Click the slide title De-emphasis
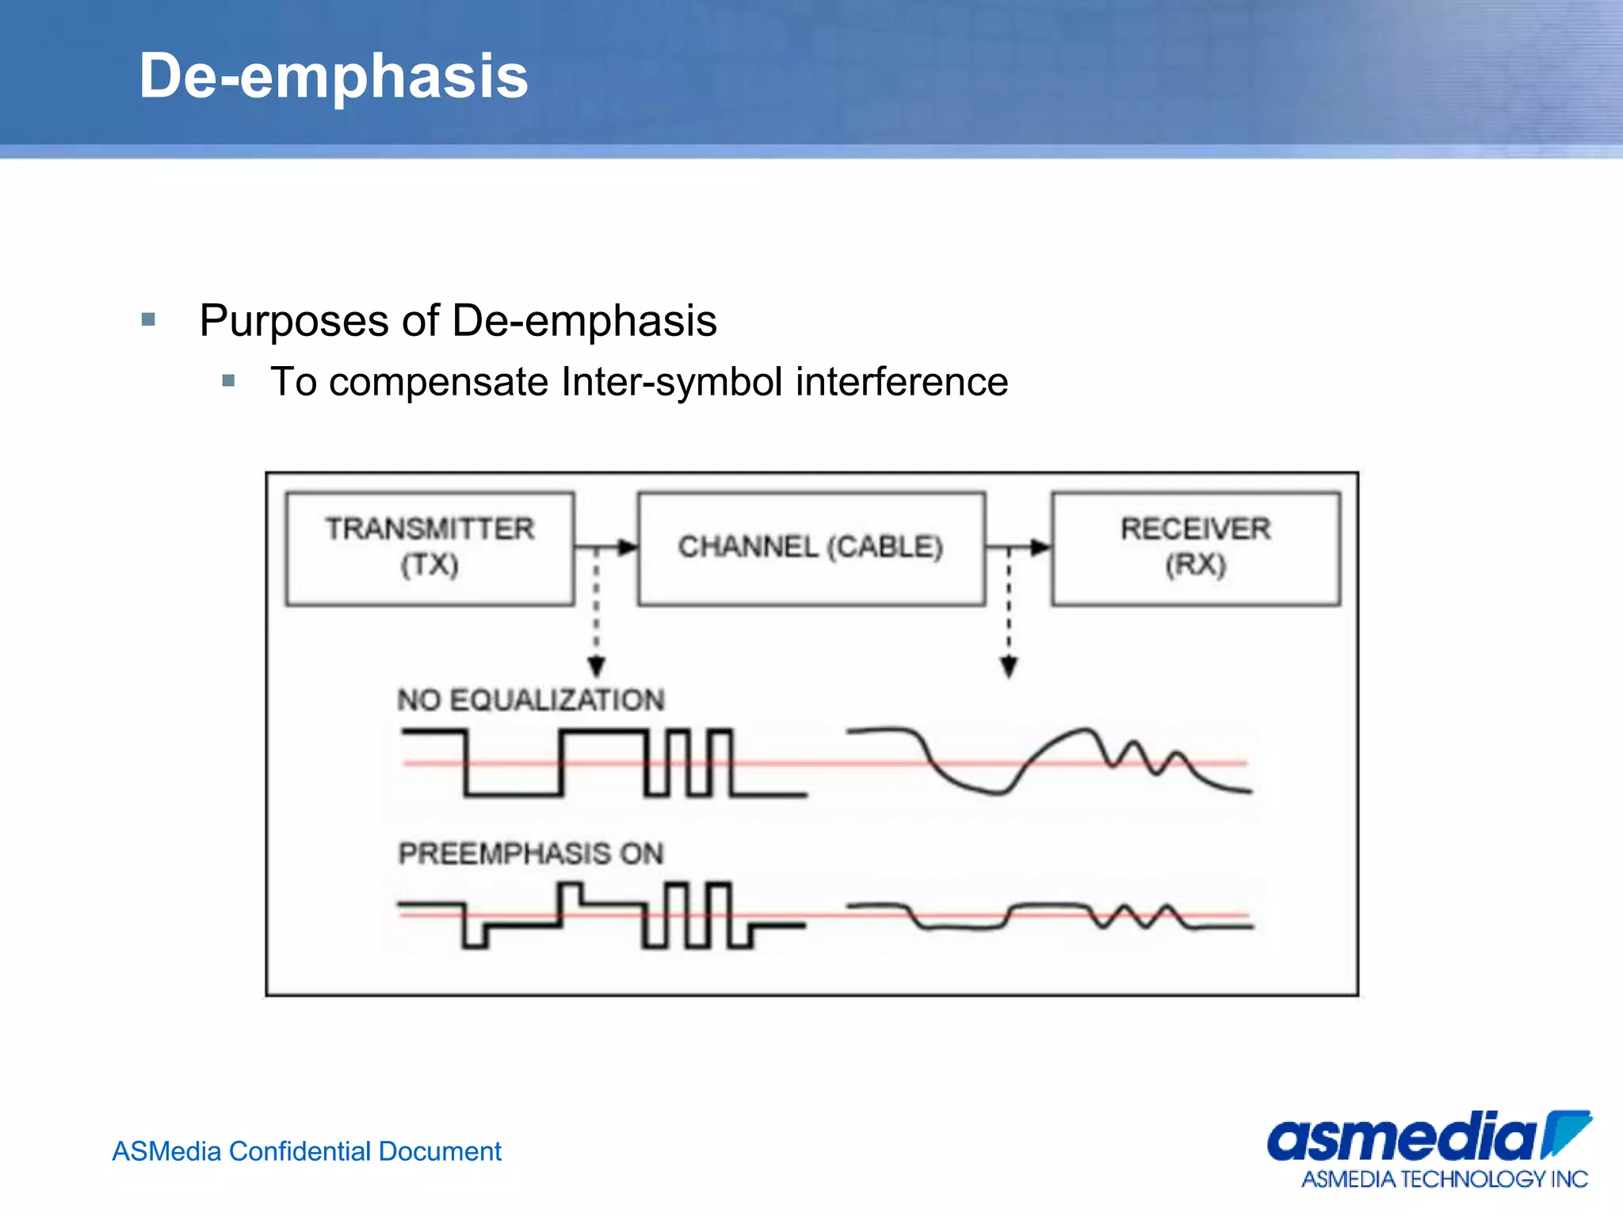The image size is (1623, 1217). click(x=333, y=76)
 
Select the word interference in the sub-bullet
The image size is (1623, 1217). click(x=902, y=382)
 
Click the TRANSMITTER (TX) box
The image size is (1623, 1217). click(x=430, y=548)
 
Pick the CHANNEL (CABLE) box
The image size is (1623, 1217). click(x=811, y=548)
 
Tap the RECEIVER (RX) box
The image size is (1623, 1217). click(x=1195, y=548)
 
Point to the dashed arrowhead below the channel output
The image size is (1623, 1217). click(x=1008, y=667)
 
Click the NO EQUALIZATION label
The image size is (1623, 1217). click(x=530, y=700)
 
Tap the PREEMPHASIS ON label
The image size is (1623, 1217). click(x=530, y=853)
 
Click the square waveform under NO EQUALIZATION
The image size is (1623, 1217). click(x=602, y=762)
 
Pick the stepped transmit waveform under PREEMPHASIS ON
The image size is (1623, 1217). click(x=602, y=915)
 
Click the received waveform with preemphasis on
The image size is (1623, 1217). click(x=1046, y=915)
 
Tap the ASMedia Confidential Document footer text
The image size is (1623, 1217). click(x=307, y=1151)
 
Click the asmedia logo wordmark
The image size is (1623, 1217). click(x=1403, y=1138)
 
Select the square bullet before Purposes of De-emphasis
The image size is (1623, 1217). click(x=148, y=320)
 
